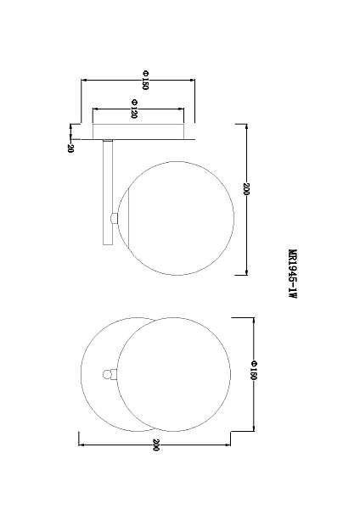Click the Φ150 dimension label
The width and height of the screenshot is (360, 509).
click(145, 80)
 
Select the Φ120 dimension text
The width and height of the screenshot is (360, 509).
click(134, 109)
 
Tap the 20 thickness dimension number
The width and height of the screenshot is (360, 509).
click(70, 148)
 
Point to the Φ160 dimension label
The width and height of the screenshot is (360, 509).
click(253, 370)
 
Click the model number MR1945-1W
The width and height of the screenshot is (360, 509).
click(292, 274)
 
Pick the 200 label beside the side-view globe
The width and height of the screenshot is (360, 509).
click(246, 189)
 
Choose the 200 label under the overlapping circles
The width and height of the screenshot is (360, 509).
click(156, 445)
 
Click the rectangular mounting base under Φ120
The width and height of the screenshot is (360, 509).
click(138, 131)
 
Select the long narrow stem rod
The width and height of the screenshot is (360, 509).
click(108, 192)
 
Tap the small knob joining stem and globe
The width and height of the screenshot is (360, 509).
click(114, 218)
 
